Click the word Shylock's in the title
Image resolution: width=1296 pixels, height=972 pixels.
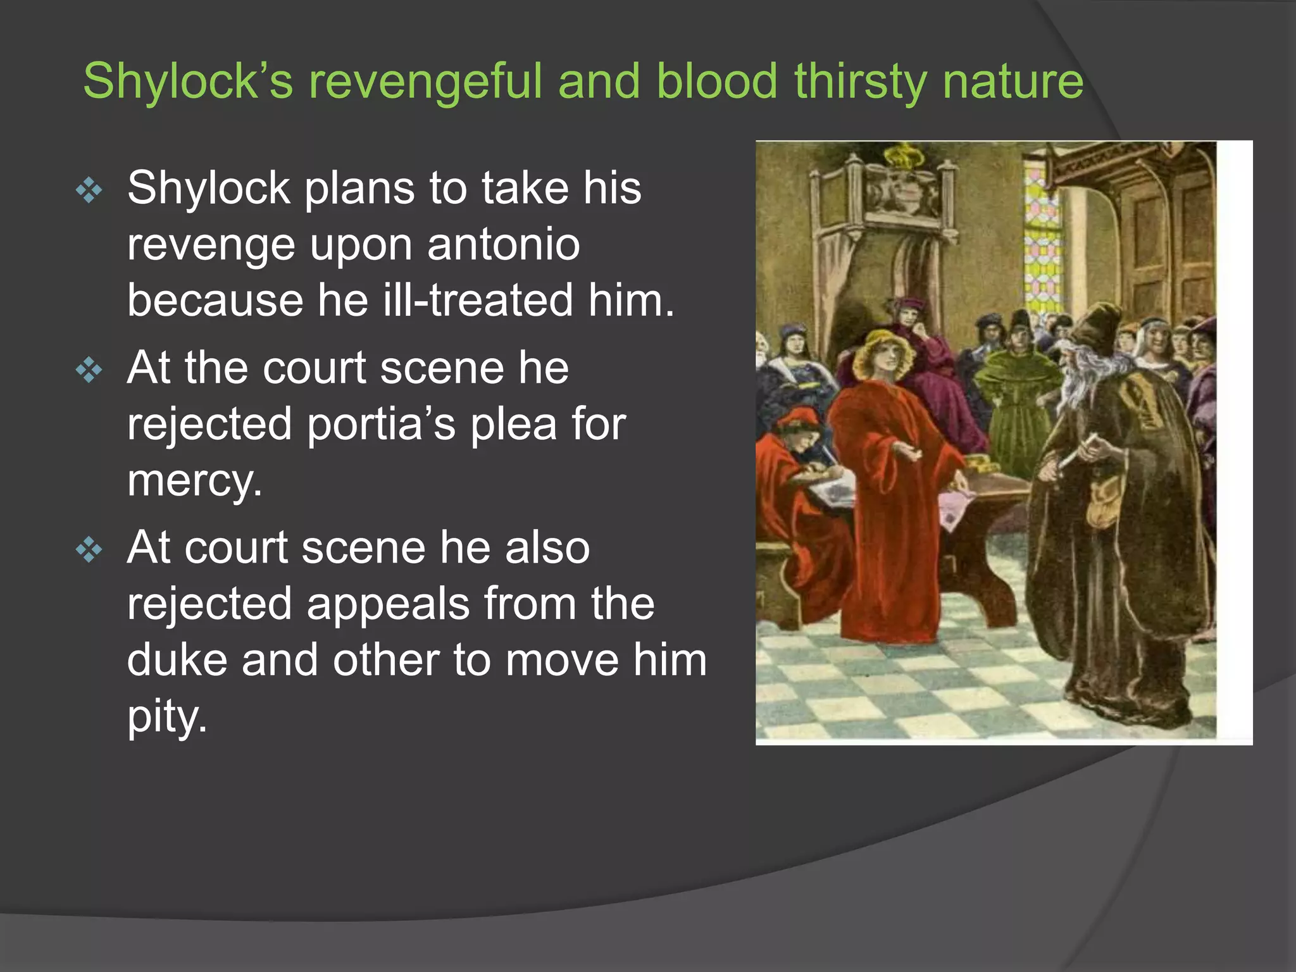pyautogui.click(x=188, y=81)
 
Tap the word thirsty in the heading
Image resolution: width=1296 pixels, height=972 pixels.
pyautogui.click(x=860, y=81)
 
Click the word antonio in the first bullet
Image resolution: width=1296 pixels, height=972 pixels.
pyautogui.click(x=503, y=244)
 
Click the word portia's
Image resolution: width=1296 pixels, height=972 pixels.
pyautogui.click(x=381, y=424)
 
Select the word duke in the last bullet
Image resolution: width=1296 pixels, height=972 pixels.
pyautogui.click(x=177, y=660)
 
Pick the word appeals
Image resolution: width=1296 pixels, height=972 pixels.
pyautogui.click(x=388, y=604)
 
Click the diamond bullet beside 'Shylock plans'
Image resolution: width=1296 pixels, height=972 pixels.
pyautogui.click(x=89, y=190)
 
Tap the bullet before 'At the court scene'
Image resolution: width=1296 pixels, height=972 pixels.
pyautogui.click(x=89, y=370)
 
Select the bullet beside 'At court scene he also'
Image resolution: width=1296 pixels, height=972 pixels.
pyautogui.click(x=89, y=550)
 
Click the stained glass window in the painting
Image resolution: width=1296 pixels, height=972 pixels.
pyautogui.click(x=1038, y=240)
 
